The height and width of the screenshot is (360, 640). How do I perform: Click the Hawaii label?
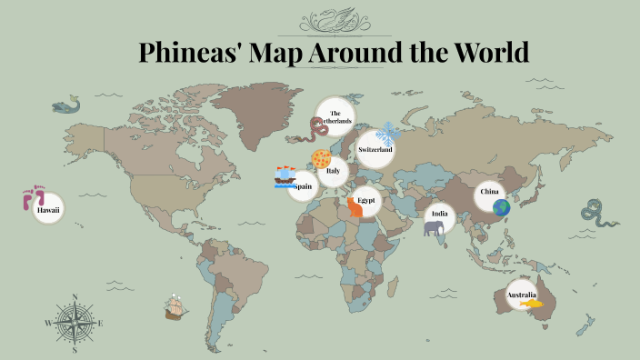click(46, 210)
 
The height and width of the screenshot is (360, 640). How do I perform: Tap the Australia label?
click(521, 295)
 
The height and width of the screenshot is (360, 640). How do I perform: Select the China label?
click(489, 192)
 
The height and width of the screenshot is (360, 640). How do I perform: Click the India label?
click(440, 215)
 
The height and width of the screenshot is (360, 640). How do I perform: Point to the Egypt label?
click(366, 199)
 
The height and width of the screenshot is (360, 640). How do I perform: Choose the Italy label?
click(334, 170)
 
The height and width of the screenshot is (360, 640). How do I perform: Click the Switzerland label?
click(375, 148)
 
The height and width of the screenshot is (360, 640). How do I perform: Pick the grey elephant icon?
click(434, 228)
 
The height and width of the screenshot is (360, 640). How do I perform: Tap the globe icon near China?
click(502, 207)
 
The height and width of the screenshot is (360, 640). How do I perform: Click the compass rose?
click(74, 322)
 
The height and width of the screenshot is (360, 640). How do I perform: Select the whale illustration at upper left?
click(66, 106)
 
